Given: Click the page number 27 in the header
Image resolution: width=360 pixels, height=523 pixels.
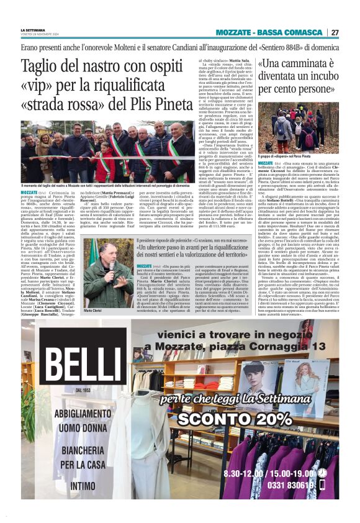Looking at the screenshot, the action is (334, 32).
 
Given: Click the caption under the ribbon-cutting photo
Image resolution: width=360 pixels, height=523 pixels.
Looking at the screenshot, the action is (104, 186).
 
